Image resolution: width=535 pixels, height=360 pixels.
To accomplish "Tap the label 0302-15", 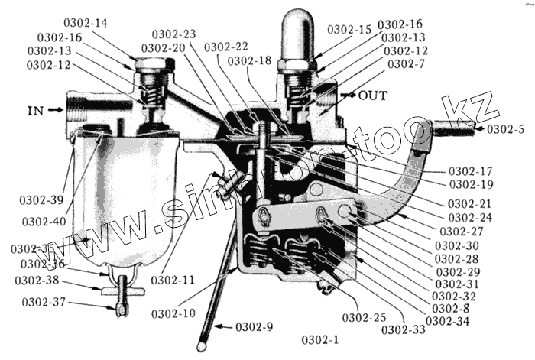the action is [x=349, y=29].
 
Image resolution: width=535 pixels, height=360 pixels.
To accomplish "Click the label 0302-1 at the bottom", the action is [x=323, y=338].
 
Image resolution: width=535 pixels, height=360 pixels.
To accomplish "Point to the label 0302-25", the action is [x=363, y=317].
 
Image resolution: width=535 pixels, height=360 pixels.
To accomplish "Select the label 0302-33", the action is [x=403, y=329].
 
